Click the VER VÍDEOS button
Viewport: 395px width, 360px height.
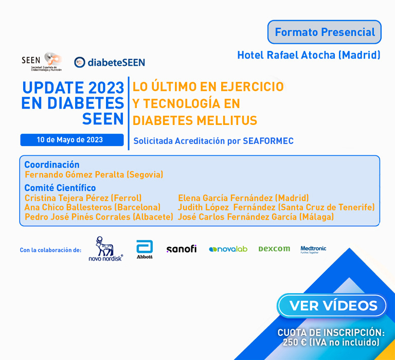tap(332, 305)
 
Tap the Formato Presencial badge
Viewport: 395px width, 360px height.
tap(325, 32)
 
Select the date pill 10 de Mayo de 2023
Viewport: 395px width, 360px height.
tap(72, 140)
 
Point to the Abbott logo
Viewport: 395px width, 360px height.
tap(145, 249)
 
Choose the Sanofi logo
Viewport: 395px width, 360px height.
tap(182, 249)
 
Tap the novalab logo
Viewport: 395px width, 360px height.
tap(228, 249)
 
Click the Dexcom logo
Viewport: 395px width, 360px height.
tap(274, 249)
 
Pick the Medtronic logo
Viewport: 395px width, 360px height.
tap(313, 249)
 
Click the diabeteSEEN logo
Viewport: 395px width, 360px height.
tap(110, 62)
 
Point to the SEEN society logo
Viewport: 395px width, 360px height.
tap(42, 62)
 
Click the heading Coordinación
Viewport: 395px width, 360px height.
tap(52, 165)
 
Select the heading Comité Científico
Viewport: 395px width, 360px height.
tap(60, 188)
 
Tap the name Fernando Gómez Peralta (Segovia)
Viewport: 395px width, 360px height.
tap(94, 174)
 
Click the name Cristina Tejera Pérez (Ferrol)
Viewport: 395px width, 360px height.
tap(83, 198)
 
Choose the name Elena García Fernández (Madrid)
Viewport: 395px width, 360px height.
tap(243, 198)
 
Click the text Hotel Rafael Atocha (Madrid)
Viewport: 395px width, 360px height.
tap(309, 55)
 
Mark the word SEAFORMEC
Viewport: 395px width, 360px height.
tap(268, 141)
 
